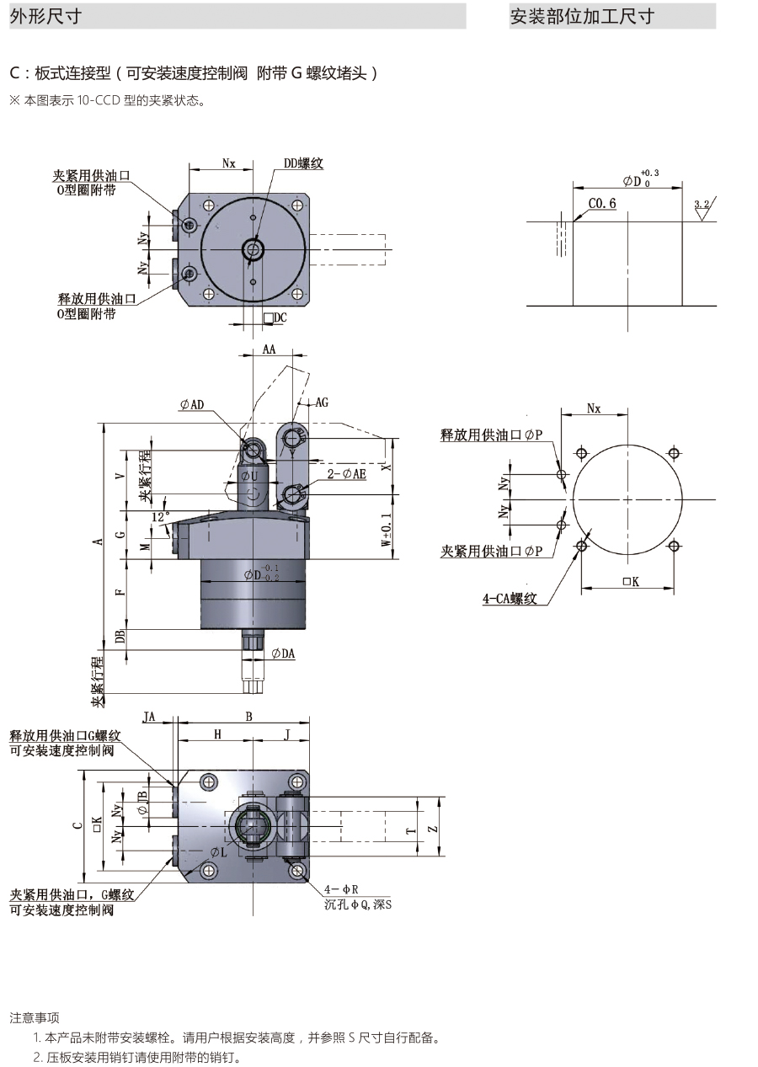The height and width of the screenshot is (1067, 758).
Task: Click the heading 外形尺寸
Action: point(45,17)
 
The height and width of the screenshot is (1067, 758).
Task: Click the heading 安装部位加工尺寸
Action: point(582,17)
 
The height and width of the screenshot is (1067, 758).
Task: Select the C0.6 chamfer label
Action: point(602,204)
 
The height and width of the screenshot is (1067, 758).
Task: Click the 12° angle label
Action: point(160,515)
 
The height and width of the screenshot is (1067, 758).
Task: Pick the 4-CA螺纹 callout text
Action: point(510,599)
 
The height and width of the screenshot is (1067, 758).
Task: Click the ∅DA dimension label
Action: point(283,653)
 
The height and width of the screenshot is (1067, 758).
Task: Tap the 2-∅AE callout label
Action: point(347,475)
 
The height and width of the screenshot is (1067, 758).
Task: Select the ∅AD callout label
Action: point(192,405)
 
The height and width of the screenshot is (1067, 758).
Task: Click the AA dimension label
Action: point(270,349)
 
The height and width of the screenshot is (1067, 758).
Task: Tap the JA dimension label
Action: point(149,717)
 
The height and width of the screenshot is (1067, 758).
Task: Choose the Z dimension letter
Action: point(432,829)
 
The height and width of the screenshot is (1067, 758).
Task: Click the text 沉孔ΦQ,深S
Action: point(358,904)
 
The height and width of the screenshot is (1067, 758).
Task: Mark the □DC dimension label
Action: point(275,317)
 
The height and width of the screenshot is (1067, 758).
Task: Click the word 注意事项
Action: point(35,1018)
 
